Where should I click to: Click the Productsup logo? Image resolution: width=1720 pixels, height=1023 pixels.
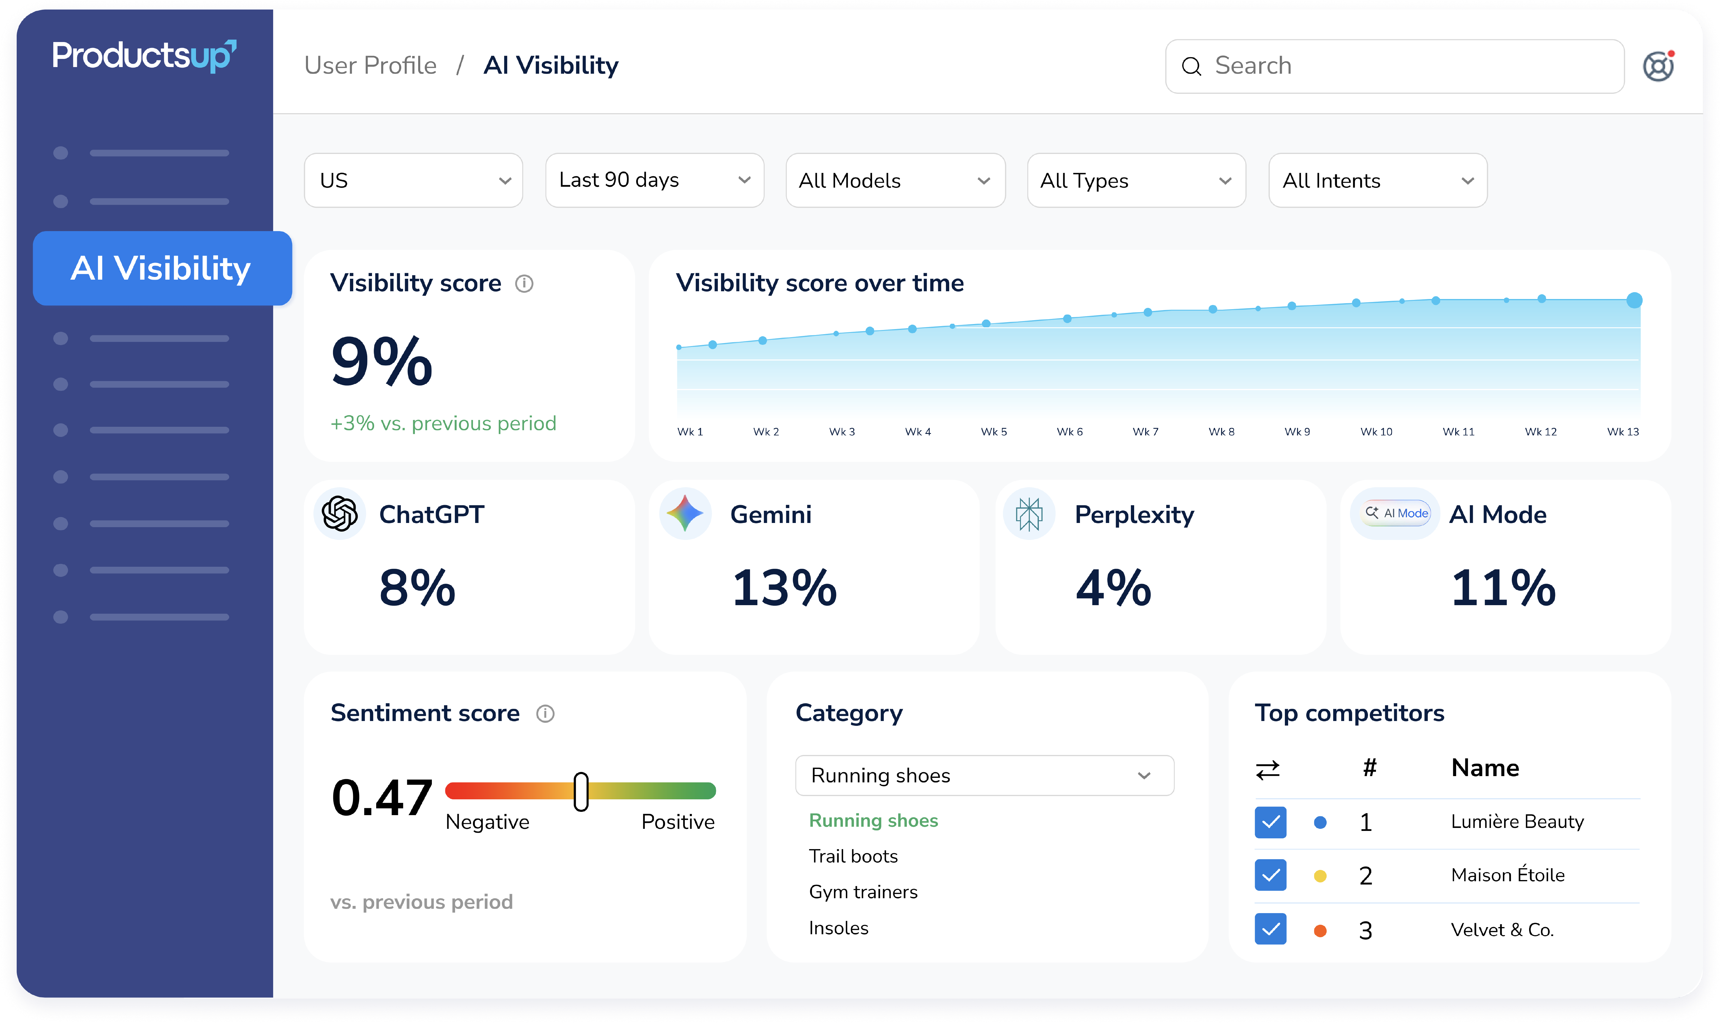144,56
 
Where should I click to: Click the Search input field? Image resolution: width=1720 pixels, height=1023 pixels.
1394,66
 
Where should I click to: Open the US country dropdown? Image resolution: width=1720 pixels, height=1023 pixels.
413,180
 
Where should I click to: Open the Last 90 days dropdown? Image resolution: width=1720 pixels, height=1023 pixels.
654,180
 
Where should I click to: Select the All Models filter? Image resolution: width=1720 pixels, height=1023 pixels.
896,180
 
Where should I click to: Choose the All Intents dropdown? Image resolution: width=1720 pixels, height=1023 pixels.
1377,180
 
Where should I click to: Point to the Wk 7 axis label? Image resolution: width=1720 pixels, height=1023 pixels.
1145,432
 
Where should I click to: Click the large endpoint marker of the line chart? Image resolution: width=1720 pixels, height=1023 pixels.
1634,300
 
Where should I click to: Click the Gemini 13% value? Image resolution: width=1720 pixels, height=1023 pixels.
784,588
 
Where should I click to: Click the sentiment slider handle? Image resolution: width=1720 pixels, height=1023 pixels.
581,791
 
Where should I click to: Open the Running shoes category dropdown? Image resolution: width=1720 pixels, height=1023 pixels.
984,776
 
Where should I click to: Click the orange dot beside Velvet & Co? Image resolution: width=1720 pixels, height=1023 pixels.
1320,931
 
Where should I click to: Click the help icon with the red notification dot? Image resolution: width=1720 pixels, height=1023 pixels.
1658,66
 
